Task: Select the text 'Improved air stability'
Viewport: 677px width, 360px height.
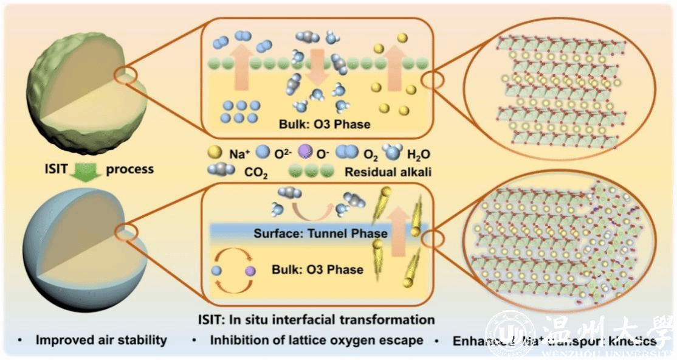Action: coord(100,340)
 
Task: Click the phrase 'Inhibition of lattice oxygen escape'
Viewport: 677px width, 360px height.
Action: coord(317,340)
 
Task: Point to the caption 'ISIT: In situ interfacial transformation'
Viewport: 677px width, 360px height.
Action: coord(317,319)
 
